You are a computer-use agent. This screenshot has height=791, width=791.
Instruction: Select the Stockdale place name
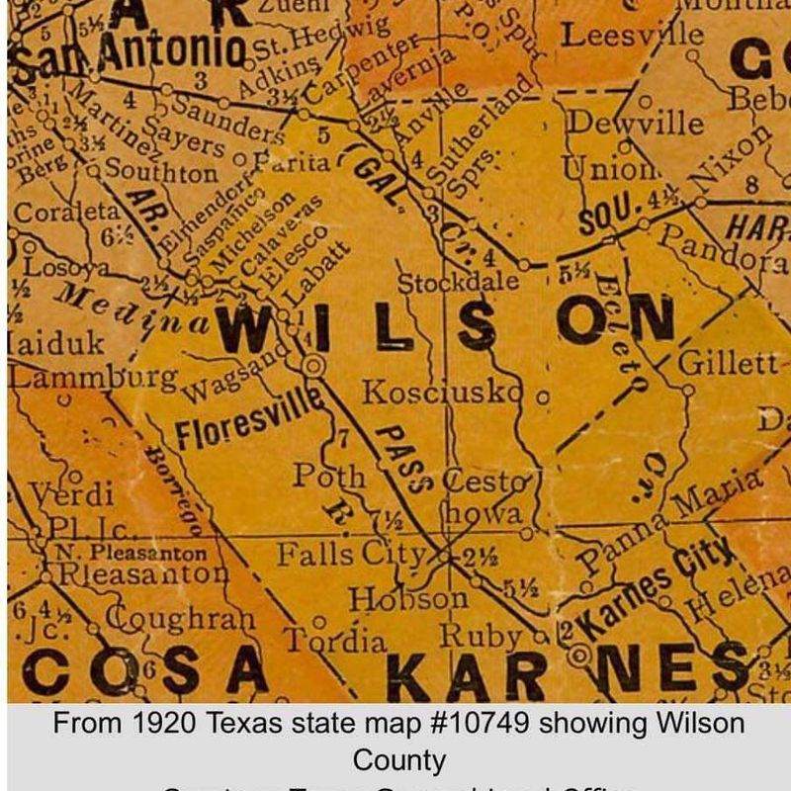(458, 282)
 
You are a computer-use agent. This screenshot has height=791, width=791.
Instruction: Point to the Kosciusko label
(442, 393)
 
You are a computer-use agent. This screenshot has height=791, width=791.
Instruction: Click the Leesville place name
(633, 36)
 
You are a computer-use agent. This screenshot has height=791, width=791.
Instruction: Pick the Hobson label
(407, 599)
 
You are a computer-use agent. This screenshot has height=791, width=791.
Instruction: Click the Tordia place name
(336, 641)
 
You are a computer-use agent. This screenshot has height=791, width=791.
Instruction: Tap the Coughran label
(180, 619)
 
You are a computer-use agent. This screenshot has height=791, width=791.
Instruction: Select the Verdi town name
(70, 493)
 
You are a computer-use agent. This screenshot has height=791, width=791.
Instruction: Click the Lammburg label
(93, 377)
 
